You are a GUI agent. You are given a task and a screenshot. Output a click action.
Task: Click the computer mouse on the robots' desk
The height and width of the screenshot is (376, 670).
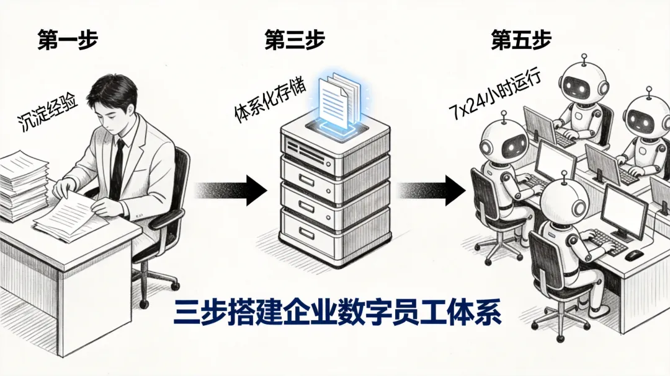pos(633,255)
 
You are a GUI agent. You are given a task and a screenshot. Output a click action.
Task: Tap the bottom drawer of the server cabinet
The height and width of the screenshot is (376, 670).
pos(335,226)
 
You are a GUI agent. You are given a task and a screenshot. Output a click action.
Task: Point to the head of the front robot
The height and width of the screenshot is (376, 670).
pos(563,201)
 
